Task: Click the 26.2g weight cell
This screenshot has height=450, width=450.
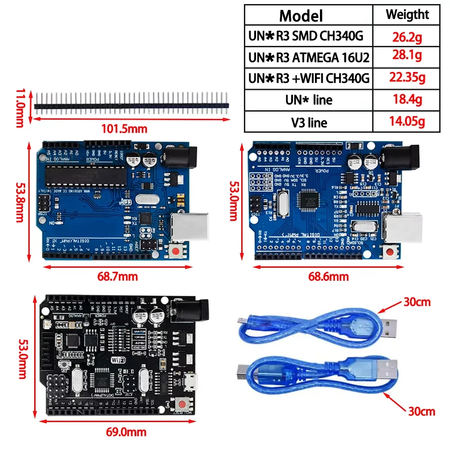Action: point(407,36)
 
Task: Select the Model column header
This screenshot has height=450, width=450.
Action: point(301,16)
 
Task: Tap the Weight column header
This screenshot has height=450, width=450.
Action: point(407,15)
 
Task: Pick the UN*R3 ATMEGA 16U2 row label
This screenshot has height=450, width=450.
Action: point(309,57)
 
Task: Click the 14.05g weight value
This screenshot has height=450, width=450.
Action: point(407,121)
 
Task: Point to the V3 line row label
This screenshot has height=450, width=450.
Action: point(308,122)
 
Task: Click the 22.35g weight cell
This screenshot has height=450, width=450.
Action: point(407,78)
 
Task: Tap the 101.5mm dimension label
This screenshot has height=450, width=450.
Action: point(124,129)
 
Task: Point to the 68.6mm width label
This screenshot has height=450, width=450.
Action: point(328,277)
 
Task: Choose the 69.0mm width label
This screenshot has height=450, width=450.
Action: point(126,432)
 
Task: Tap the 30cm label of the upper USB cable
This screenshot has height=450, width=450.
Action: point(417,302)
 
